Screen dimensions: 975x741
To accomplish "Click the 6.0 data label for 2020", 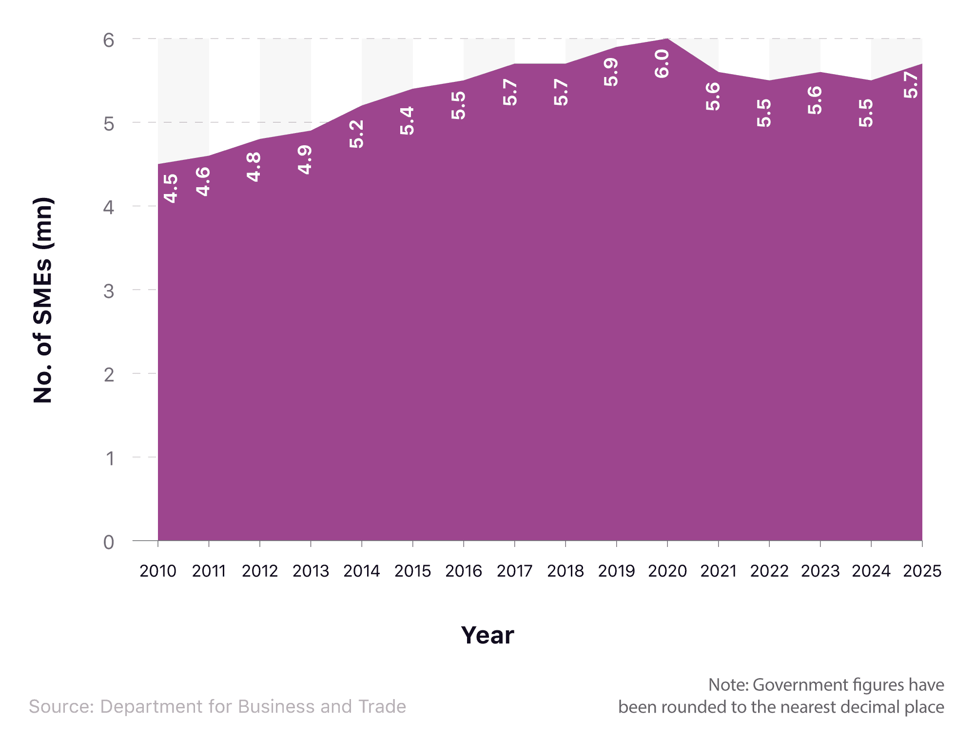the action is coord(662,64).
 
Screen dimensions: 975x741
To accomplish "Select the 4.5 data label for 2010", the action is coord(171,189).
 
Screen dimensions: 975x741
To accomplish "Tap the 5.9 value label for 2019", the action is coord(611,72).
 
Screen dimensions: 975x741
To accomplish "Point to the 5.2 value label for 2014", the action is coord(356,134).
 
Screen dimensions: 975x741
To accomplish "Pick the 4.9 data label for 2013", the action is coord(305,160).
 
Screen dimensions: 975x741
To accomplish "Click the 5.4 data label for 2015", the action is coord(407,120).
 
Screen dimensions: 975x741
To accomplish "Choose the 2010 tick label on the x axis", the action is coord(158,571).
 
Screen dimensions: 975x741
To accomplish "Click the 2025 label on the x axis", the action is coord(922,571).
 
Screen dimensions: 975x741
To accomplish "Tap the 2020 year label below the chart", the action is coord(667,571).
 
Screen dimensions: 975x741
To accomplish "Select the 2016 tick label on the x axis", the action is coord(464,571).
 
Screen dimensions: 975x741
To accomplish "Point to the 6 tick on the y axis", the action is coord(109,40).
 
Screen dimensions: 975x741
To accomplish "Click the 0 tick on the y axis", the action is coord(109,542).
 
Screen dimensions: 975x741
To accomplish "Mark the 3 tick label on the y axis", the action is coord(109,291).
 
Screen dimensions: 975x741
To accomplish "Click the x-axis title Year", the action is coord(487,635).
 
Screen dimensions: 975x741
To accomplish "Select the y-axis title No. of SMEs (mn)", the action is coord(43,300).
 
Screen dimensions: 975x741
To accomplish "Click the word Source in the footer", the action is coord(61,706).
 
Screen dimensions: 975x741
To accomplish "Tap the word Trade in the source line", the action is coord(382,706).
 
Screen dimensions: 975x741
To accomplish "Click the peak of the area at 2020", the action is coord(667,39).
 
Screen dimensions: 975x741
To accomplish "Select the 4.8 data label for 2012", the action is coord(254,167).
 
